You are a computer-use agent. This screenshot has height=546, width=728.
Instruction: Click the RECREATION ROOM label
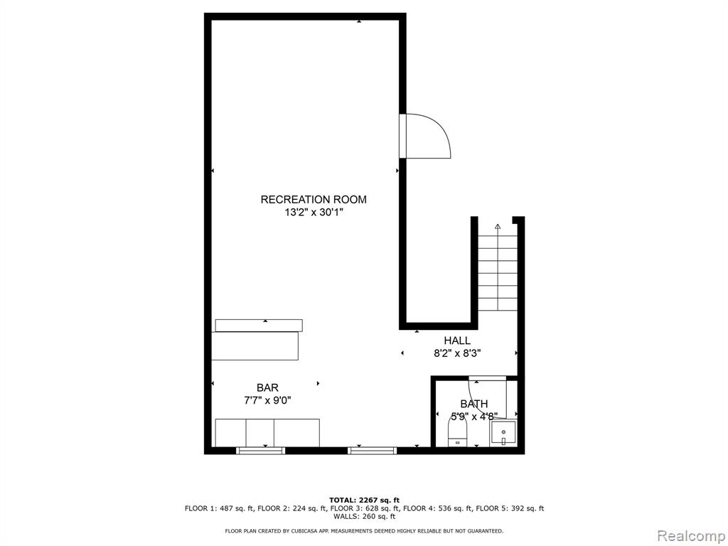pos(314,200)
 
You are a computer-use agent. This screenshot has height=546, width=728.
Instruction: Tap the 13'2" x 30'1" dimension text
pos(314,213)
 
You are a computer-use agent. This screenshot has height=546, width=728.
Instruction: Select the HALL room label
pos(457,341)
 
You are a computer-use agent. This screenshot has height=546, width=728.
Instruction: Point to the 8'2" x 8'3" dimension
pos(457,353)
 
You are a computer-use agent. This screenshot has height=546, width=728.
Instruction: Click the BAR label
pos(267,387)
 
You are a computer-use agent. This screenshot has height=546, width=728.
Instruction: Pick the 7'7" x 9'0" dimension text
pos(267,400)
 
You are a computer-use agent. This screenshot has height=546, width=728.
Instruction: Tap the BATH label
pos(474,404)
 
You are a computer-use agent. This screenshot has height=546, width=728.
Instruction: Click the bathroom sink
pos(503,433)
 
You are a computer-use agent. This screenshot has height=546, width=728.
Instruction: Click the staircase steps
pos(498,273)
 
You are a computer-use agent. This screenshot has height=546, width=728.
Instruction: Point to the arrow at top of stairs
pos(498,227)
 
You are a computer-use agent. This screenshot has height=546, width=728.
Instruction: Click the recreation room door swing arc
pos(439,128)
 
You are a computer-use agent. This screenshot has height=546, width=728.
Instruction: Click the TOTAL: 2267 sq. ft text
pos(365,500)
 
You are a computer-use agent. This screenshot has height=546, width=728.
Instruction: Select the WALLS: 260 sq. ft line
pos(365,516)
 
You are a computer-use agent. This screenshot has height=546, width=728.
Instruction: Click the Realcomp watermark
pos(690,535)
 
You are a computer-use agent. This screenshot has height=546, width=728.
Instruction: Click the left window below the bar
pos(260,450)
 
